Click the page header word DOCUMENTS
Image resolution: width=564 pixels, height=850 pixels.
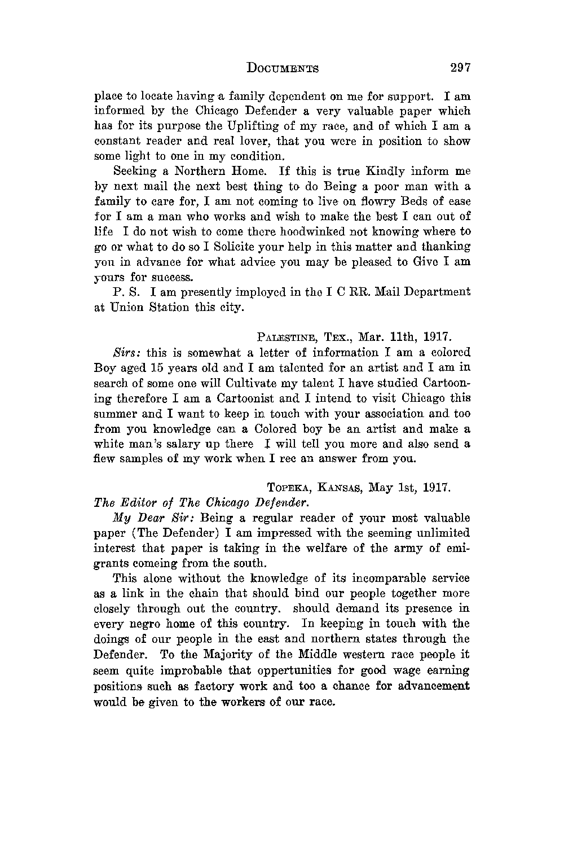pos(283,69)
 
